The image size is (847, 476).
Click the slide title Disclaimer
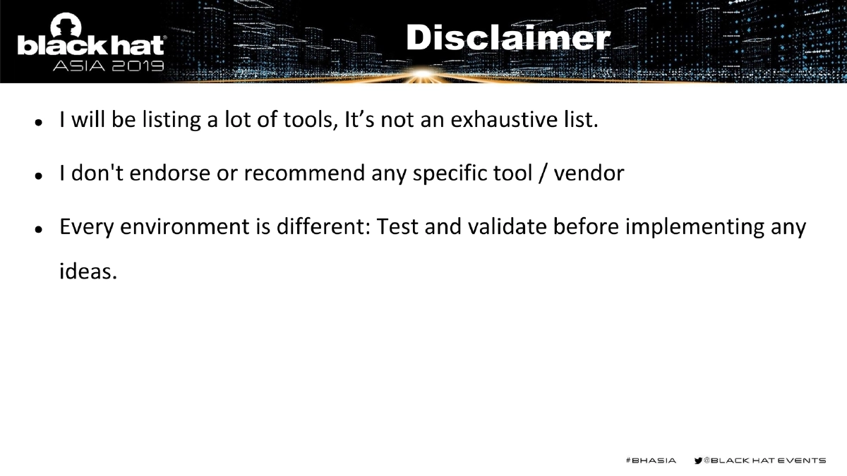tap(507, 39)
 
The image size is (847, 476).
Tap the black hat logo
tap(91, 43)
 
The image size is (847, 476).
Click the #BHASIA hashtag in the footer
tap(650, 460)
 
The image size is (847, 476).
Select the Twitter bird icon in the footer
tap(699, 460)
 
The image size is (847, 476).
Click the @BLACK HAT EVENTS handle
tap(764, 460)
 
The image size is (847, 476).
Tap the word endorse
tap(173, 173)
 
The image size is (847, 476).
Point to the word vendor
tap(589, 173)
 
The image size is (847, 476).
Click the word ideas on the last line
tap(86, 270)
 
